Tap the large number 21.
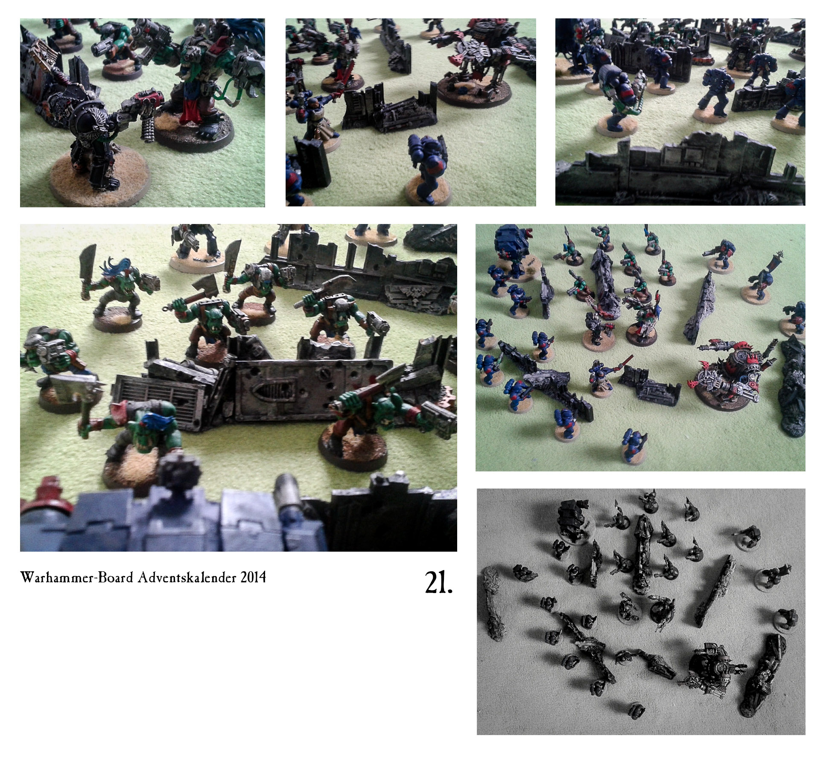(x=438, y=582)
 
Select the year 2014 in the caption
(x=252, y=578)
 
